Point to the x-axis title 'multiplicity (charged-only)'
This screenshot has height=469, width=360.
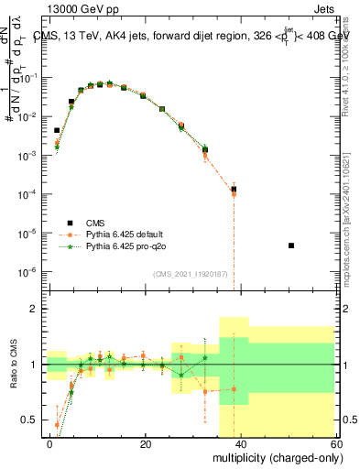pos(273,455)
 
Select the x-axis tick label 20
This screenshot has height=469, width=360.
pos(144,442)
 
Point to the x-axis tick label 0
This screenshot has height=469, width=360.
pos(49,442)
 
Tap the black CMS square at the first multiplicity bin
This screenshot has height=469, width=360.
pos(57,131)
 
